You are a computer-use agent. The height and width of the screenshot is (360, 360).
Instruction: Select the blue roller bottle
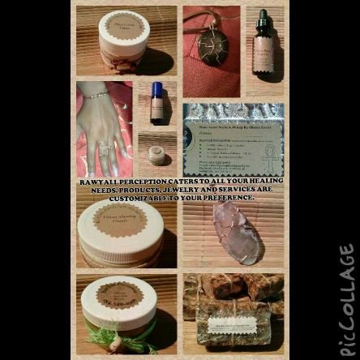tap(156, 102)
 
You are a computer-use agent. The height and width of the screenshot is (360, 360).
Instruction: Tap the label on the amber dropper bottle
tap(263, 58)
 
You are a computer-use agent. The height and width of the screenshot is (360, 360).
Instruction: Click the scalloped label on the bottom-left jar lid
tap(119, 294)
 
